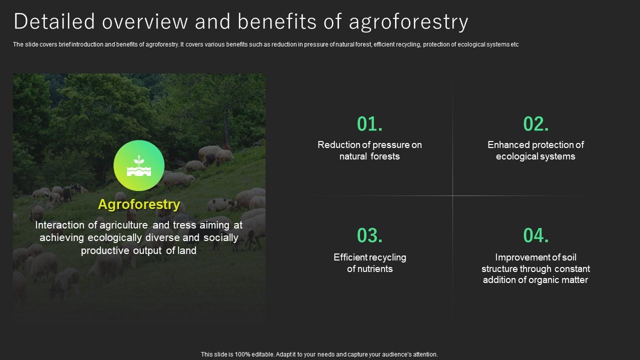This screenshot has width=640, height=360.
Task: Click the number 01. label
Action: [x=370, y=124]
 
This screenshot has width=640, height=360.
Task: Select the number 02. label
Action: [x=536, y=124]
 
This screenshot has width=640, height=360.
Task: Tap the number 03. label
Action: [x=370, y=235]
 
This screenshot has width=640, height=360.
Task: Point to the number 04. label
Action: [x=536, y=235]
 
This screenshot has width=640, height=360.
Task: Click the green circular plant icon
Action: [x=139, y=165]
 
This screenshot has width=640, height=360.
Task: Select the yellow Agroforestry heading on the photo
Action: [x=139, y=204]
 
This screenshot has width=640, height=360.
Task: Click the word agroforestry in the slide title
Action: [x=408, y=22]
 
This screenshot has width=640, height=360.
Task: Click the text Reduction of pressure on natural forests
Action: [x=369, y=150]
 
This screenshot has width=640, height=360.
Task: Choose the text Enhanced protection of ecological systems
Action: [x=535, y=150]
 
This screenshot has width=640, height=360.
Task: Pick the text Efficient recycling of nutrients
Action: [x=369, y=263]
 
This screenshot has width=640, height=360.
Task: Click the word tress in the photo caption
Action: [x=185, y=225]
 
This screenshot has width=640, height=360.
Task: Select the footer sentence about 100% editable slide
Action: [x=319, y=354]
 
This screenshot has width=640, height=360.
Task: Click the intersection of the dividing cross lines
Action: [x=453, y=195]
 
